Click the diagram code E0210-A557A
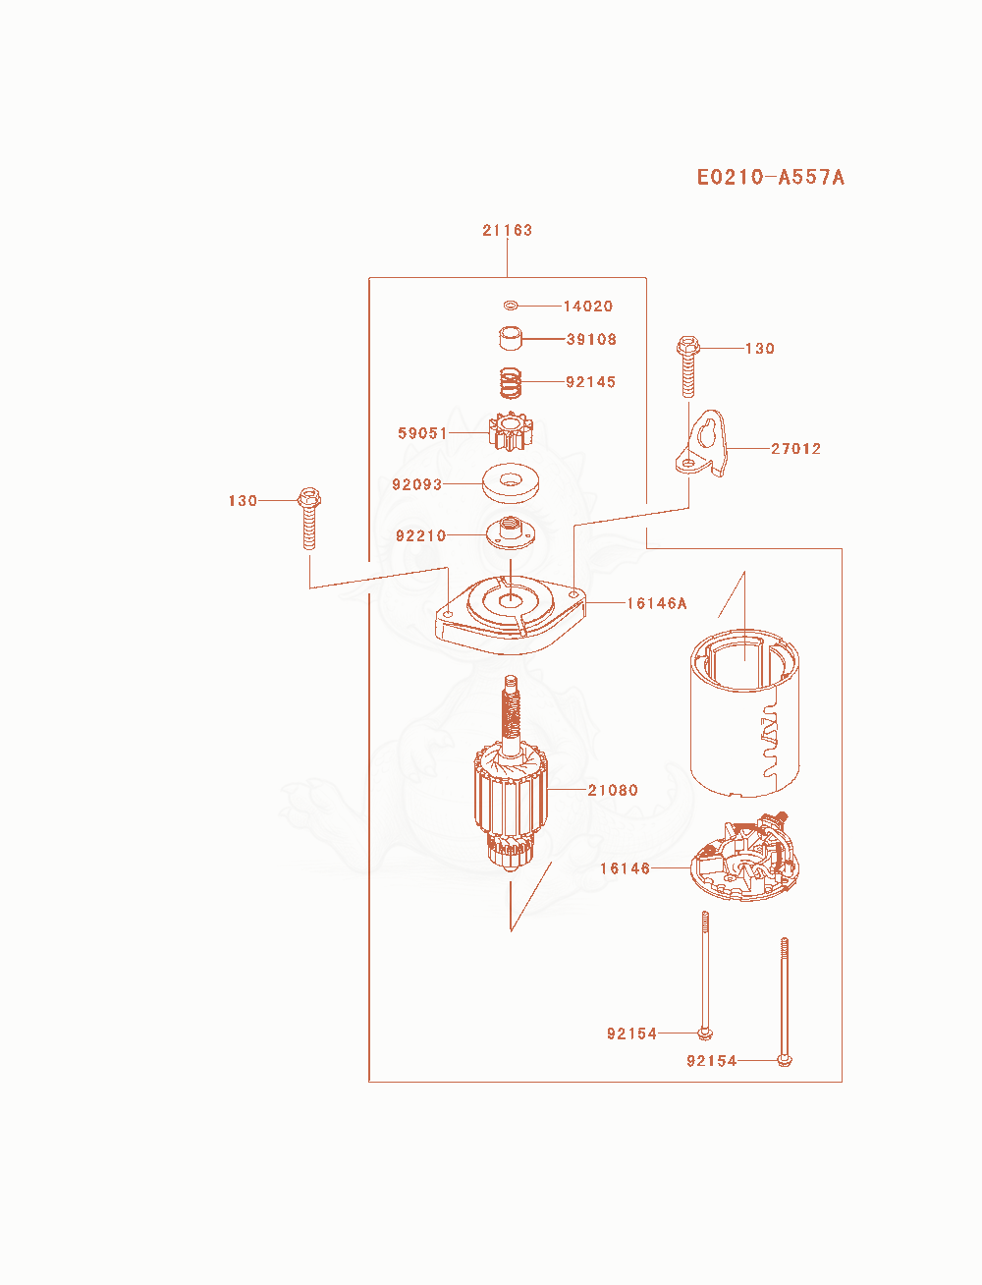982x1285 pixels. pyautogui.click(x=770, y=177)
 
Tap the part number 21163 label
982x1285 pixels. pyautogui.click(x=508, y=230)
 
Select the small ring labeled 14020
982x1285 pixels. pyautogui.click(x=511, y=305)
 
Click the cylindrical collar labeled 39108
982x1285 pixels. pyautogui.click(x=511, y=338)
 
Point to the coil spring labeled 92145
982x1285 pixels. pyautogui.click(x=511, y=382)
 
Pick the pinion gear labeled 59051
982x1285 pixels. pyautogui.click(x=511, y=431)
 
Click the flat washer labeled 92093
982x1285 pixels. pyautogui.click(x=511, y=483)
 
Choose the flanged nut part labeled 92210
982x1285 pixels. pyautogui.click(x=511, y=532)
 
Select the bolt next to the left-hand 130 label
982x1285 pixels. pyautogui.click(x=309, y=518)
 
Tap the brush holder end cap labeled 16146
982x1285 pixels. pyautogui.click(x=744, y=859)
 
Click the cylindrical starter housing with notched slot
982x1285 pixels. pyautogui.click(x=744, y=713)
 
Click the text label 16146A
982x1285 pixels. pyautogui.click(x=657, y=603)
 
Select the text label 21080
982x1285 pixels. pyautogui.click(x=613, y=790)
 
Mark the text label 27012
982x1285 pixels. pyautogui.click(x=795, y=448)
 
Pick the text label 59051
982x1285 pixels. pyautogui.click(x=422, y=433)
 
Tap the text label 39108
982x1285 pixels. pyautogui.click(x=592, y=339)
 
